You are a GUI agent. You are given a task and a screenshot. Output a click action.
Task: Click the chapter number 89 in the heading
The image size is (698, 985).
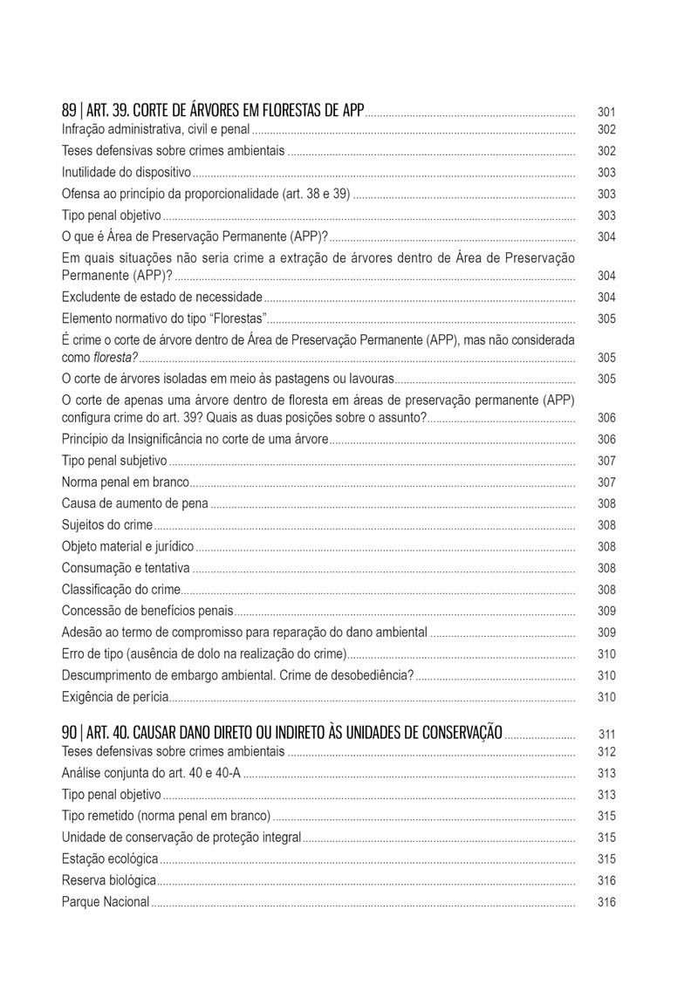pos(69,112)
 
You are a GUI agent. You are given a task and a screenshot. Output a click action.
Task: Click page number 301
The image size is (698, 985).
pos(606,113)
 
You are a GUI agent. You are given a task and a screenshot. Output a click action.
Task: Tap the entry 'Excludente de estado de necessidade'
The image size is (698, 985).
pos(161,298)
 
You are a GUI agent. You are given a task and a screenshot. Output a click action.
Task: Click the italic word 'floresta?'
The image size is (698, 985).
pos(116,358)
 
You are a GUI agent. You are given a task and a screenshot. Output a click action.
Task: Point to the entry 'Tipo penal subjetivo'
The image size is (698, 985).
pos(114,461)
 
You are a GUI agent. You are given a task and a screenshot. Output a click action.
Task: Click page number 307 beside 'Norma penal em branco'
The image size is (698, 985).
pos(606,482)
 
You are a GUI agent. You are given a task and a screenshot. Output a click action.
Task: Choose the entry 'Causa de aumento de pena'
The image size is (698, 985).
pos(135,503)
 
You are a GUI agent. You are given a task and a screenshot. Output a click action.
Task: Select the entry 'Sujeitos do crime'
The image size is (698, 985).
pos(107,525)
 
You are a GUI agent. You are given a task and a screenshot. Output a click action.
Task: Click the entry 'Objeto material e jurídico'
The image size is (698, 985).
pos(127,547)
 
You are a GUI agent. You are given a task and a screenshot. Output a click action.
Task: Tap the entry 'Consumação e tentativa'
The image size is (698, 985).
pos(126,568)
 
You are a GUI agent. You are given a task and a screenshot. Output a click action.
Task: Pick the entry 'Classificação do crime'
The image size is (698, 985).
pos(120,590)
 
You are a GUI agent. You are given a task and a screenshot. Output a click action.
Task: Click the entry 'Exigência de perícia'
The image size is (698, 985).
pos(115,697)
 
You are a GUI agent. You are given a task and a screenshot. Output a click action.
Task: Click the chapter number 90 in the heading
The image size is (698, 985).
pos(69,732)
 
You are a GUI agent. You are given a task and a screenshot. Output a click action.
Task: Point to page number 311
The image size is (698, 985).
pos(607,734)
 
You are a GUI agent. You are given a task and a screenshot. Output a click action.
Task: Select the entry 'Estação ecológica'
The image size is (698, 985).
pos(110,859)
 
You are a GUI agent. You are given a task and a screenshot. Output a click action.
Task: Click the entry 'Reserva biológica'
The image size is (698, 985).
pos(109,880)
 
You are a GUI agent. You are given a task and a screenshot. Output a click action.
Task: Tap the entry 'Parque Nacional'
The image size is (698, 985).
pos(106,902)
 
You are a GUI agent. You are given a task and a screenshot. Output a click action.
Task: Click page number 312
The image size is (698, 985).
pos(606,752)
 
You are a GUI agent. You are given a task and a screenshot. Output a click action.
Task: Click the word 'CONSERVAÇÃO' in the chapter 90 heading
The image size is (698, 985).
pos(454,732)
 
